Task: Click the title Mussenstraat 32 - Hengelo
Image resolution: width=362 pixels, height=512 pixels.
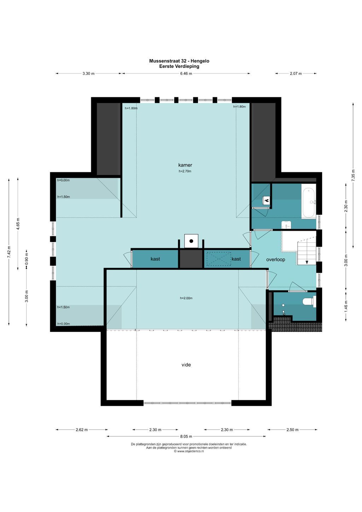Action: [x=179, y=61]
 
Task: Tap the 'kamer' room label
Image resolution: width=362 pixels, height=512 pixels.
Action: [x=185, y=165]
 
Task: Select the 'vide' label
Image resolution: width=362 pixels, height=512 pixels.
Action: [x=186, y=365]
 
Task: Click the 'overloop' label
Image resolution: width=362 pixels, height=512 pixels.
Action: [x=275, y=260]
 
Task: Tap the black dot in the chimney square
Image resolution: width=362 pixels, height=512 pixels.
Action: [x=191, y=241]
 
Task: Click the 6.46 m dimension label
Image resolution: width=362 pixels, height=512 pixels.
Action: [x=186, y=74]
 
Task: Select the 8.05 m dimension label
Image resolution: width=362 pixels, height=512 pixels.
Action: [x=186, y=436]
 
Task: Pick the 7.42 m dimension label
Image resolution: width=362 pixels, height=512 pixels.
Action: [x=9, y=252]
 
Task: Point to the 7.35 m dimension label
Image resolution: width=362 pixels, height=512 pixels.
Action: [x=353, y=175]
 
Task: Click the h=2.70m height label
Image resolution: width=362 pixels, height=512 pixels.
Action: [x=185, y=171]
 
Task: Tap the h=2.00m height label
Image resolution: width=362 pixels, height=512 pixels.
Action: [x=186, y=298]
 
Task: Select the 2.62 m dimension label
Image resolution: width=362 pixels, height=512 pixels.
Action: [x=82, y=430]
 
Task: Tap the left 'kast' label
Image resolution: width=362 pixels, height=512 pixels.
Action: [x=155, y=259]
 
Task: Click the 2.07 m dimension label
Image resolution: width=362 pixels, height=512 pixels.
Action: [x=296, y=74]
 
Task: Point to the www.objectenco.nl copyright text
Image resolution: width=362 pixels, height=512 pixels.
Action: [x=189, y=451]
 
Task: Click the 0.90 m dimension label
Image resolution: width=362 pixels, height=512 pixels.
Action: [x=27, y=259]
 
